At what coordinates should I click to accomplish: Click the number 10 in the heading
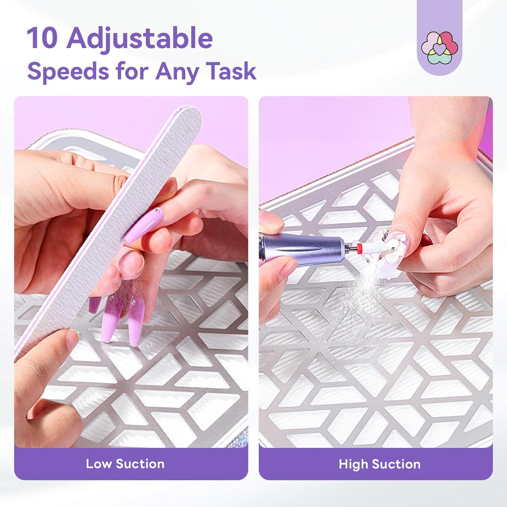click(x=42, y=38)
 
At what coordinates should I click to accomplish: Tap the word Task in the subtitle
click(x=231, y=71)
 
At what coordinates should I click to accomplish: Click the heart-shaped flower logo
click(x=439, y=47)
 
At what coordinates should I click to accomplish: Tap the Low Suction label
click(x=125, y=464)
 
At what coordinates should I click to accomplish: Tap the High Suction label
click(x=380, y=464)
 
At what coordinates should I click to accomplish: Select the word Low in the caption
click(x=99, y=464)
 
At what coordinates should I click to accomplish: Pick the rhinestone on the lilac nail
click(x=157, y=210)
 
